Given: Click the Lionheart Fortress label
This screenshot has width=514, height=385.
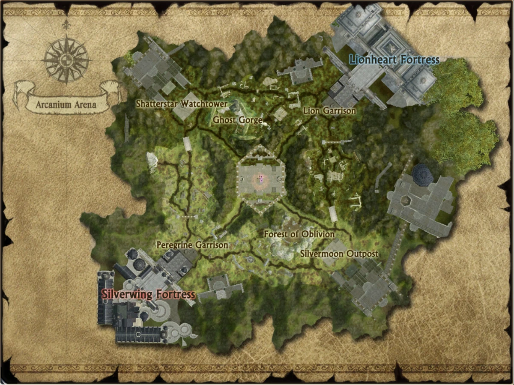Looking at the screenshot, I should coord(394,60).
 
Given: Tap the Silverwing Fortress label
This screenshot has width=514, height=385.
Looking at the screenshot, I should coord(148,295).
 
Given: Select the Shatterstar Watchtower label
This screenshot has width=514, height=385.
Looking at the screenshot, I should coord(182,104).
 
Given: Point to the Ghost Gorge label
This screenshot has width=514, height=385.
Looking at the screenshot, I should coord(238,120).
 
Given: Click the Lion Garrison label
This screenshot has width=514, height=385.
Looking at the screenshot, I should coord(329,111).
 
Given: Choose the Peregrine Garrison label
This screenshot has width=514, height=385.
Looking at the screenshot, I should coord(192,245).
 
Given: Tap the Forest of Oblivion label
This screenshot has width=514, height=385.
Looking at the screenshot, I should coord(299,234).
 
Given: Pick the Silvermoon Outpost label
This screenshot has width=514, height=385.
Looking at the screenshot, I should coord(339,254).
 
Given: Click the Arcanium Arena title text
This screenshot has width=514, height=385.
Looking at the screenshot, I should coord(66,104).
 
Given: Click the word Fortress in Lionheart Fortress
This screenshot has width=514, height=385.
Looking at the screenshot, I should coord(418,60).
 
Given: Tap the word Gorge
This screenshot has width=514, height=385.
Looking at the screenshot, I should coord(250,120).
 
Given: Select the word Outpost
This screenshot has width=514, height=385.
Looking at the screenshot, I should coord(362,254).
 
